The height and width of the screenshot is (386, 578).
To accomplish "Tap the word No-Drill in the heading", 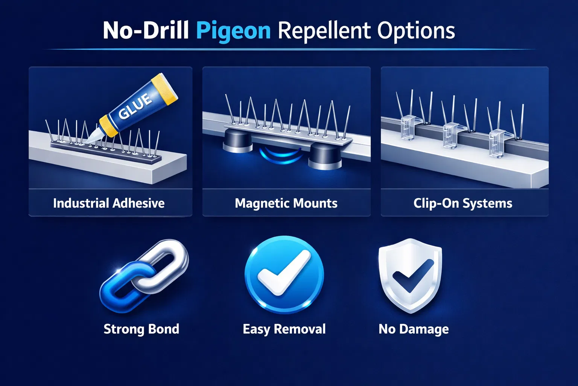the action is click(146, 31).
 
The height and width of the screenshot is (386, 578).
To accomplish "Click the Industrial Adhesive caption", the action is click(109, 203).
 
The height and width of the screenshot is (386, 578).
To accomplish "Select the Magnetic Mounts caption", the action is click(286, 203).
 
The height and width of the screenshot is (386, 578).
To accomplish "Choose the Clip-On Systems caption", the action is click(462, 203).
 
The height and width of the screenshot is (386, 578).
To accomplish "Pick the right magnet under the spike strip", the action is click(326, 156).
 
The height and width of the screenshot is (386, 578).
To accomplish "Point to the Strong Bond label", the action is click(141, 329).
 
